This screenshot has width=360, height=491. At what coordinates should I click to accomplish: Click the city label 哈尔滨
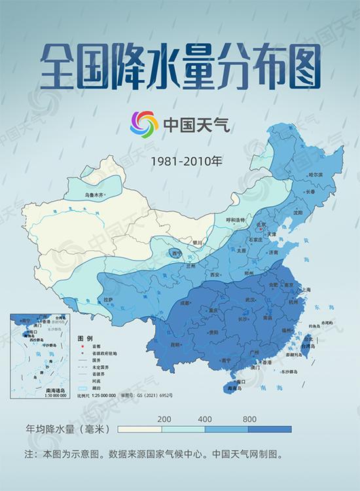[315, 175]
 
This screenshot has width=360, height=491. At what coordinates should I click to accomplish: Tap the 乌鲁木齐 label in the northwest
[94, 194]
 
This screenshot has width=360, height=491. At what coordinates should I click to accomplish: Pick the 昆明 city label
[175, 344]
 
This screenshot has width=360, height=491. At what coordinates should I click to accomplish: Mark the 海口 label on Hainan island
[241, 380]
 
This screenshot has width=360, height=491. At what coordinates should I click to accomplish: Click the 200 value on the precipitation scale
[164, 419]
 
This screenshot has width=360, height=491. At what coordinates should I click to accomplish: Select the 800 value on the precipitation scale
[249, 419]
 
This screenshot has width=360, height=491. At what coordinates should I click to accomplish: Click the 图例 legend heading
[84, 338]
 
